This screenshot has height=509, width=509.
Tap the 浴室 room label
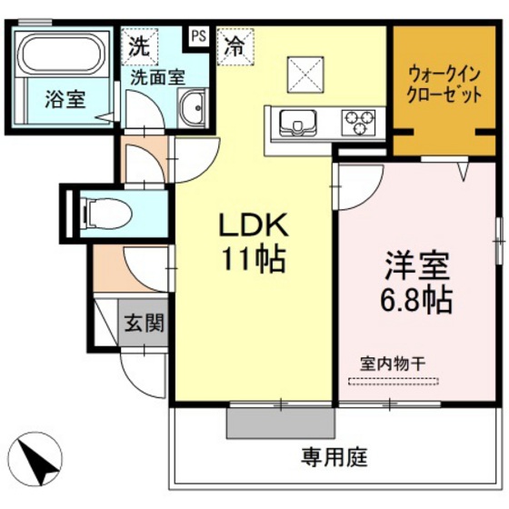point(65,98)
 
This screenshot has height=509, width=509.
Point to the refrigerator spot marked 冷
point(235,46)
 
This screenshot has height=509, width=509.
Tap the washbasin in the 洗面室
point(192,112)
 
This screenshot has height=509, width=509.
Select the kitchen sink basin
point(294,122)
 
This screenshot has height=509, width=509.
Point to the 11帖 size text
point(250,260)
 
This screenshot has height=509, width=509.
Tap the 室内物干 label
point(393,362)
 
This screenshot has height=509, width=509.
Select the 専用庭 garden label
point(335,456)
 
